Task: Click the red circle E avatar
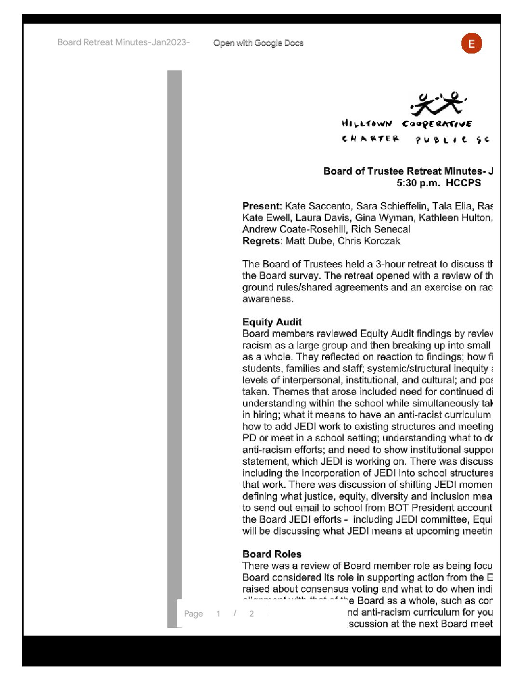[x=472, y=43]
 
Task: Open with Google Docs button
[x=258, y=43]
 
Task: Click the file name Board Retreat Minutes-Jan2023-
[x=123, y=42]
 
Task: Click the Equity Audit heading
[x=272, y=322]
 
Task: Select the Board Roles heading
[x=272, y=554]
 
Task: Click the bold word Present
[x=262, y=206]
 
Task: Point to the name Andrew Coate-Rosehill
[x=294, y=230]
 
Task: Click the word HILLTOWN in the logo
[x=367, y=124]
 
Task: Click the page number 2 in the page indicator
[x=251, y=614]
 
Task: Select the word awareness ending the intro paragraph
[x=267, y=299]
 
